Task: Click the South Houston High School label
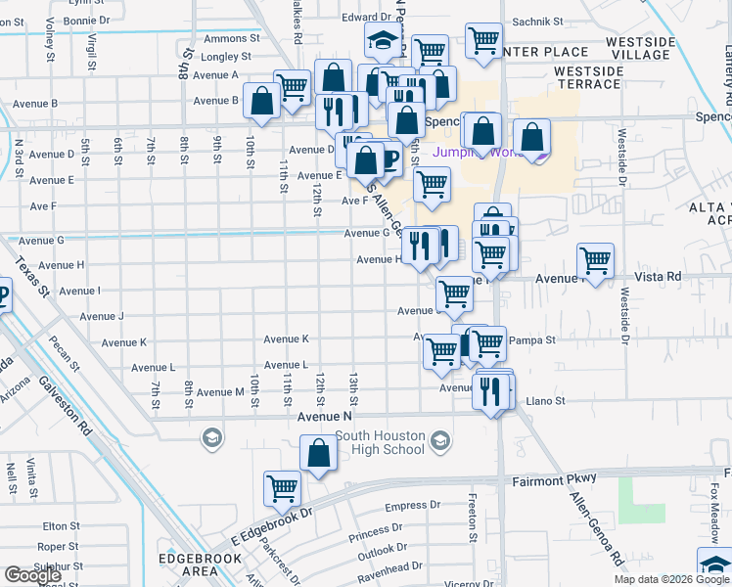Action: [381, 442]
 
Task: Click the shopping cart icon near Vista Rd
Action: [595, 261]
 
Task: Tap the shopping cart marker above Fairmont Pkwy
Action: [283, 487]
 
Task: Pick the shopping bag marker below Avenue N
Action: [318, 453]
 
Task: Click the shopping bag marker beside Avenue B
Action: [262, 101]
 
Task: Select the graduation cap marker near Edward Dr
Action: [383, 41]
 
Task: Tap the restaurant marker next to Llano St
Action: [491, 391]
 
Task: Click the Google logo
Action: [33, 575]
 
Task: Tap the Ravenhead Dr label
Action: [389, 566]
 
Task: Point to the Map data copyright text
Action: [671, 579]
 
